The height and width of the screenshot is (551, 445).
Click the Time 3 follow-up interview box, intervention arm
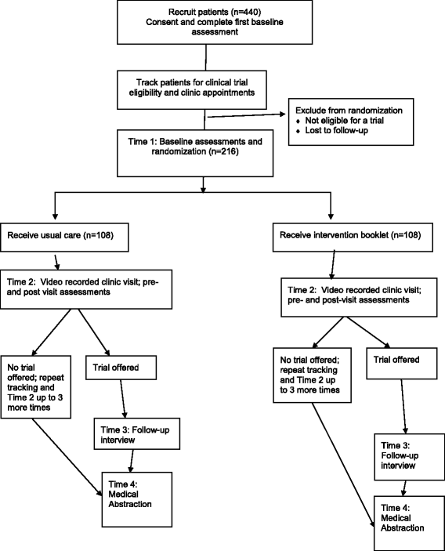[x=402, y=456]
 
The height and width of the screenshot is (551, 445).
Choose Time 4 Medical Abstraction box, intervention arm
[x=402, y=517]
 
